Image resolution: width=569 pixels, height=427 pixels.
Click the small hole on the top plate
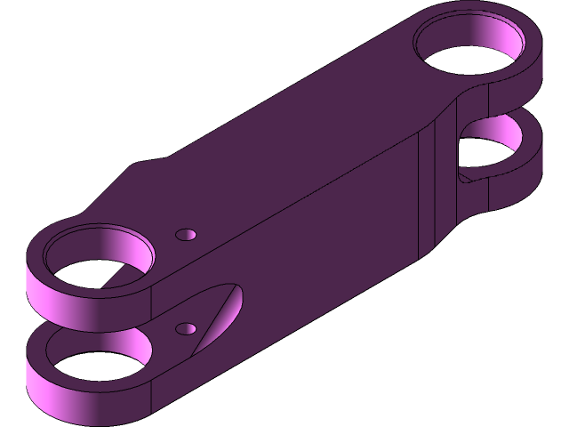(186, 235)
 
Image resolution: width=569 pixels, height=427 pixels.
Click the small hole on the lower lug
(186, 329)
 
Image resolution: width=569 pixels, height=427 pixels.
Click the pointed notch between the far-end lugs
(464, 175)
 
